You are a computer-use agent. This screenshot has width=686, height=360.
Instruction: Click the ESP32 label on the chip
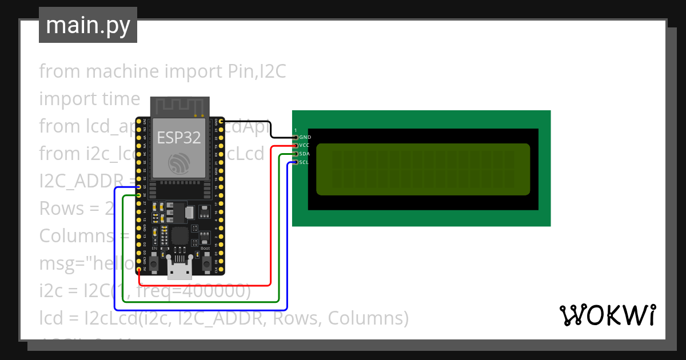(x=180, y=138)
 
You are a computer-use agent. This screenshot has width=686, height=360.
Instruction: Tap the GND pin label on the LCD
(x=305, y=137)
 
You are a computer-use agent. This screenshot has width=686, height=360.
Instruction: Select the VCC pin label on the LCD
(x=304, y=146)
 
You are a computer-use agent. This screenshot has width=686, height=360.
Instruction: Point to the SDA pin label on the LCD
(x=304, y=154)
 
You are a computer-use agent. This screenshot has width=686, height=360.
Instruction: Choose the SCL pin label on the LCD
(x=304, y=163)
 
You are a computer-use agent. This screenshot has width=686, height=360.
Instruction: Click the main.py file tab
(x=88, y=25)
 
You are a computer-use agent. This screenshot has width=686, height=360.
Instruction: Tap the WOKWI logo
(x=607, y=315)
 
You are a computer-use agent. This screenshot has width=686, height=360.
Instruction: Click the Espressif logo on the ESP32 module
(x=180, y=165)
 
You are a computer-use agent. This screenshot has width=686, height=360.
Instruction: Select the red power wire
(x=270, y=229)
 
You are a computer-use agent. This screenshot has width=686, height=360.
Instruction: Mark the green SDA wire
(x=278, y=240)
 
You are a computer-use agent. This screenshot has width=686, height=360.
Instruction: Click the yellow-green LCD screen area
(x=422, y=169)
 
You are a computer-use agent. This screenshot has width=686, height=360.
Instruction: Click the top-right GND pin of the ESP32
(x=221, y=122)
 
